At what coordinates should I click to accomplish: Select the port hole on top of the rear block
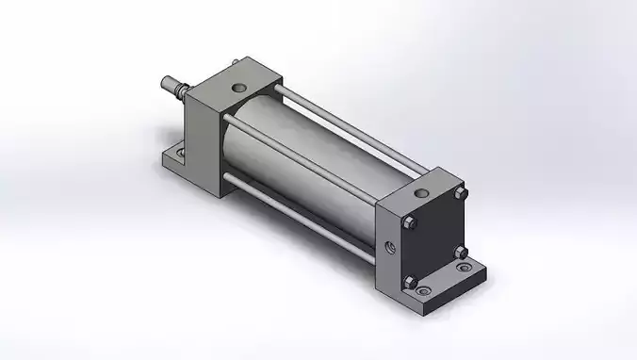(238, 86)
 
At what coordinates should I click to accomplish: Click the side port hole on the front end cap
(389, 250)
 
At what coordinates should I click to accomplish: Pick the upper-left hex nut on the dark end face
(411, 223)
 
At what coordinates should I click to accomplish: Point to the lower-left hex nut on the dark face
(412, 280)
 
